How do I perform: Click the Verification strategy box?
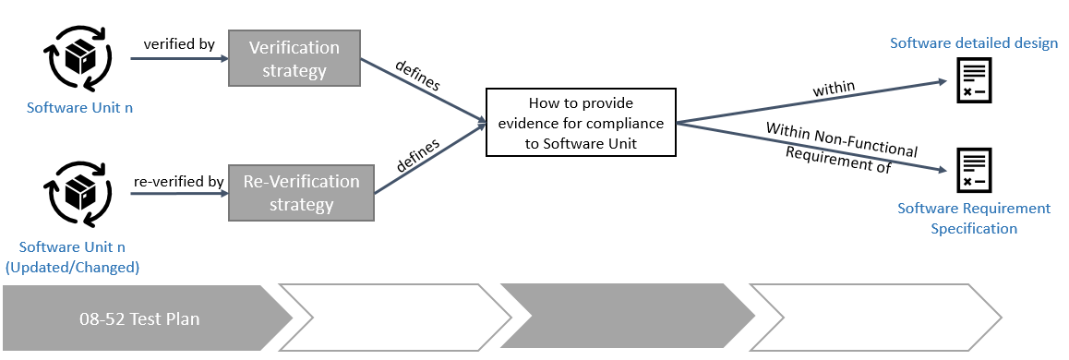pyautogui.click(x=294, y=59)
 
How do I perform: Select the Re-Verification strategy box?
pyautogui.click(x=301, y=194)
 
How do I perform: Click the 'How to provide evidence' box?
pyautogui.click(x=581, y=122)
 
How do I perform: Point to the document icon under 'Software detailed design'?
pyautogui.click(x=973, y=80)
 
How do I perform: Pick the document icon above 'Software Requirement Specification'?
pyautogui.click(x=973, y=172)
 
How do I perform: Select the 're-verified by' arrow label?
pyautogui.click(x=178, y=182)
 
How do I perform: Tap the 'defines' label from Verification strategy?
pyautogui.click(x=417, y=78)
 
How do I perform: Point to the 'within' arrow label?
pyautogui.click(x=834, y=89)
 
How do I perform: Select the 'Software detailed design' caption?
pyautogui.click(x=973, y=43)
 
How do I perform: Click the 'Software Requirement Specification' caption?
pyautogui.click(x=973, y=218)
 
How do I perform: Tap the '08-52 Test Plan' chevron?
pyautogui.click(x=138, y=319)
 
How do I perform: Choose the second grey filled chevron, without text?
pyautogui.click(x=628, y=319)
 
